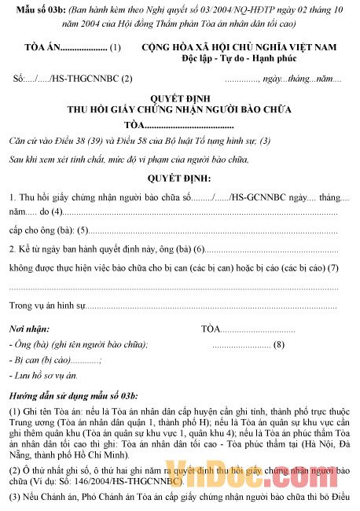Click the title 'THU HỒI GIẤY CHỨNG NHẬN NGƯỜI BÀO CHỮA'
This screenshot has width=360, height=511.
tap(181, 111)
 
